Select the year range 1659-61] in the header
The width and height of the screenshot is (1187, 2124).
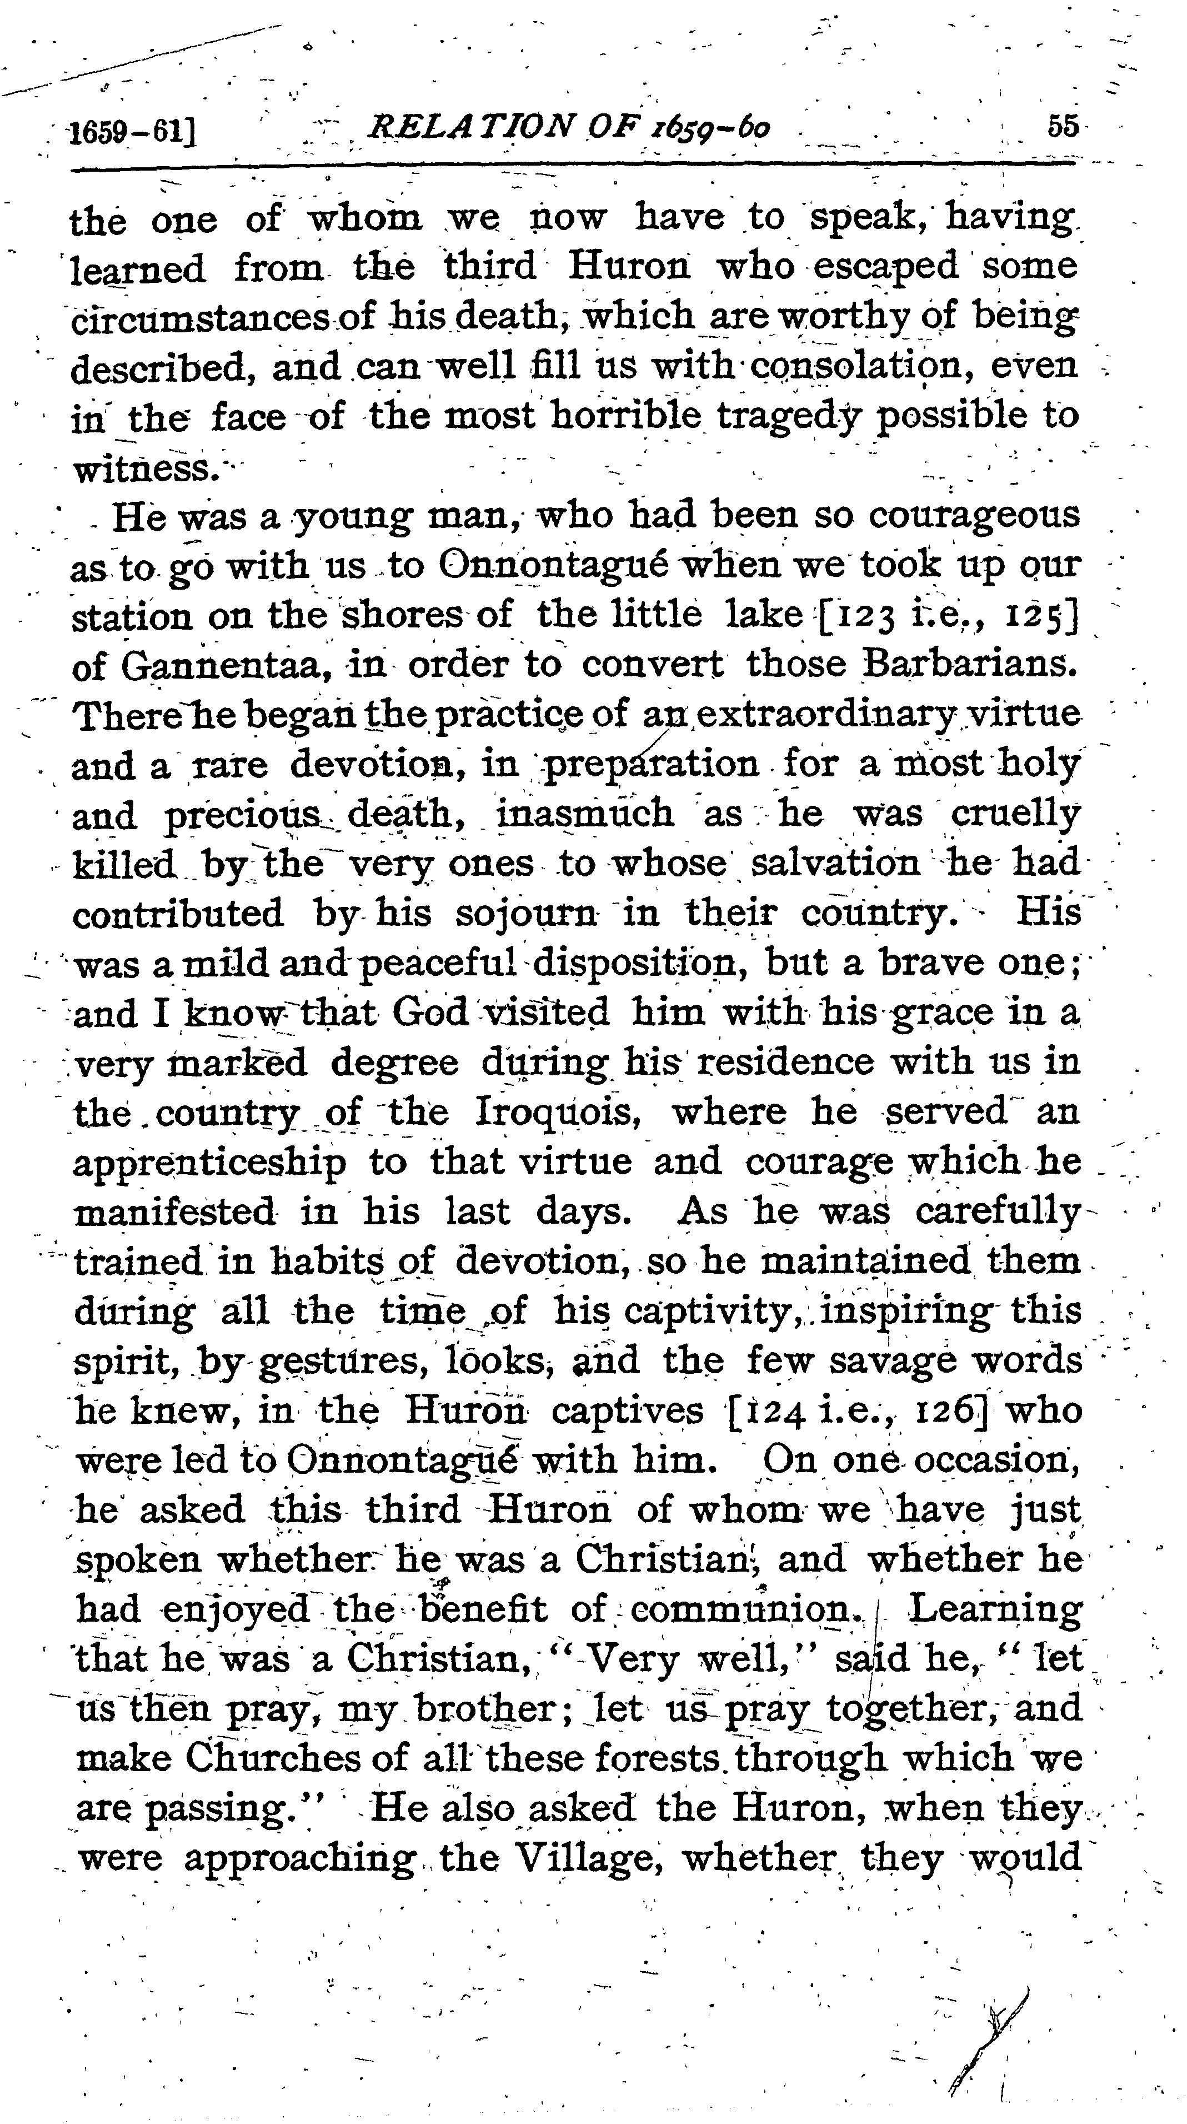tap(132, 132)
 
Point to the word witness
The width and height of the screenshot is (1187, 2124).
tap(145, 469)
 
